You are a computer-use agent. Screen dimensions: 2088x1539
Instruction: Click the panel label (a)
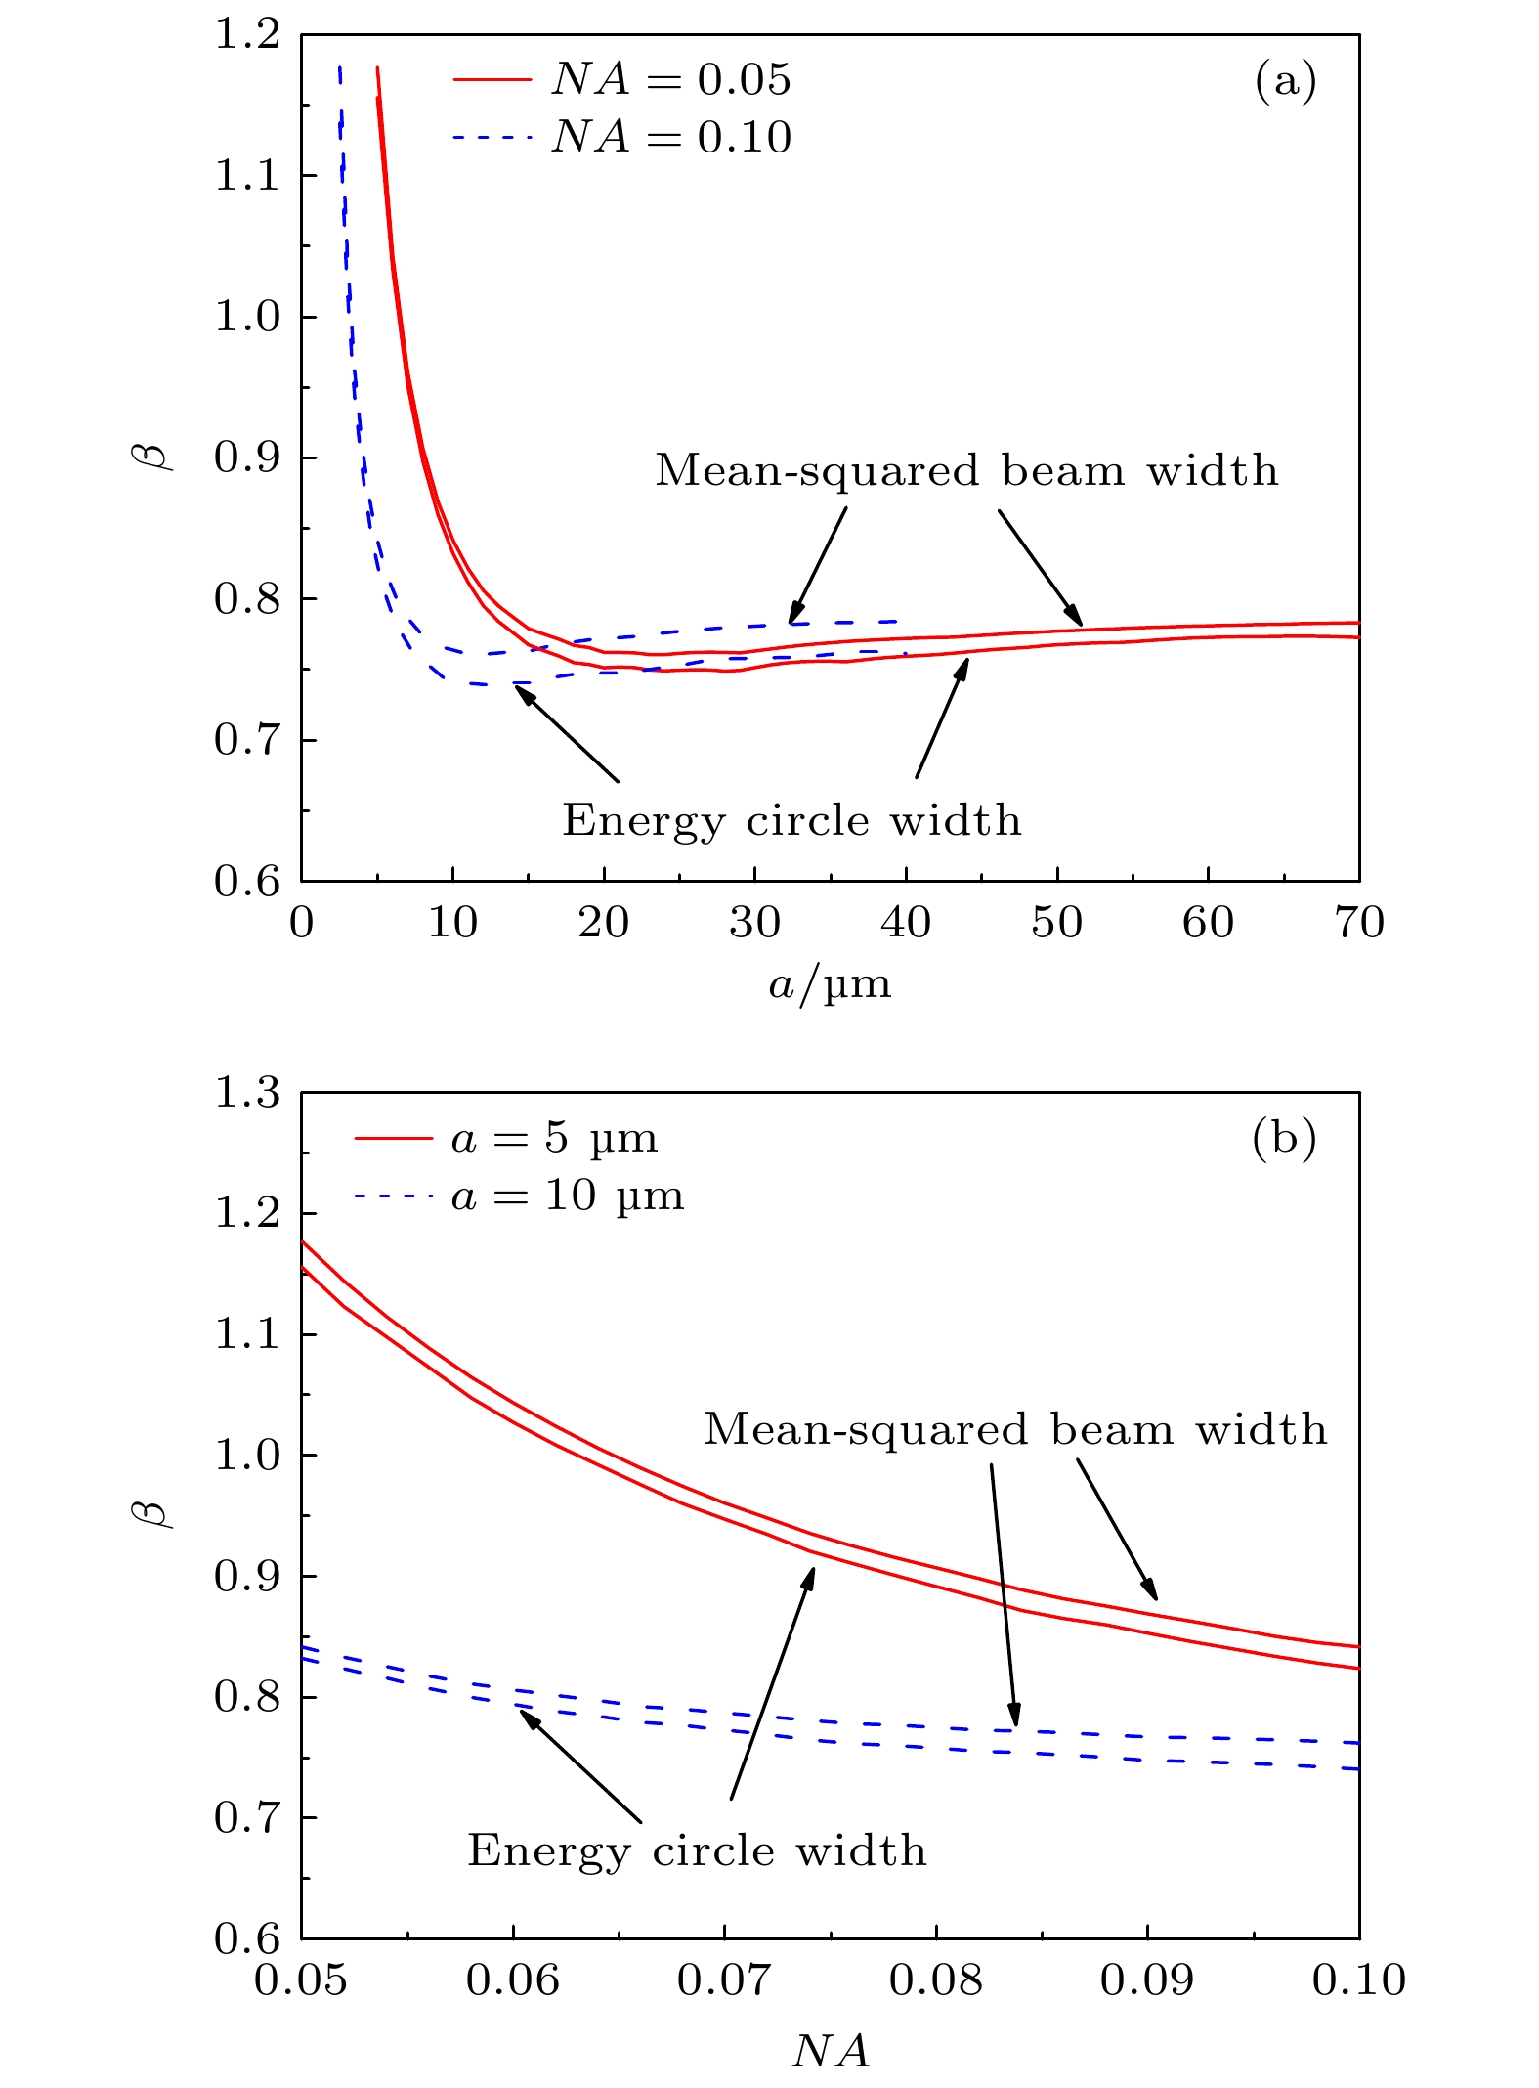pyautogui.click(x=1285, y=80)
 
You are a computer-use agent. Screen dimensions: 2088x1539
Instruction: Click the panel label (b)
pyautogui.click(x=1284, y=1138)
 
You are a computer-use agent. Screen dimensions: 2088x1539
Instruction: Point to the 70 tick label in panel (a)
pyautogui.click(x=1358, y=923)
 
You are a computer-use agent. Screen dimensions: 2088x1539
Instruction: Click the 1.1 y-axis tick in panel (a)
pyautogui.click(x=246, y=176)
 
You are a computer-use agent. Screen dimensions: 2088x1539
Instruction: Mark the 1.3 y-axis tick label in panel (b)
pyautogui.click(x=246, y=1093)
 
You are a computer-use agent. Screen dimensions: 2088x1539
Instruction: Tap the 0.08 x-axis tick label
pyautogui.click(x=935, y=1980)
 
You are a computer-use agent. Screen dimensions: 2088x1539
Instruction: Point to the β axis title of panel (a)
pyautogui.click(x=152, y=457)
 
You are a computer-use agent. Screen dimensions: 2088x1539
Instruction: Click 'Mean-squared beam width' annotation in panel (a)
pyautogui.click(x=966, y=471)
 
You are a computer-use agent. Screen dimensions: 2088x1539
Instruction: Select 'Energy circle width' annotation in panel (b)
pyautogui.click(x=697, y=1850)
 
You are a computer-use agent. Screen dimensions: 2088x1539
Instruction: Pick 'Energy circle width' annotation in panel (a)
pyautogui.click(x=791, y=820)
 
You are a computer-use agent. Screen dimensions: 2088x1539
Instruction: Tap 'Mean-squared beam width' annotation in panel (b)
pyautogui.click(x=1015, y=1430)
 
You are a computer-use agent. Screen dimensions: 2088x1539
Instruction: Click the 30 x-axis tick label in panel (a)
pyautogui.click(x=754, y=923)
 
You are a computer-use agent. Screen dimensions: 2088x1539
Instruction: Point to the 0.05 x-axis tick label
pyautogui.click(x=300, y=1980)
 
